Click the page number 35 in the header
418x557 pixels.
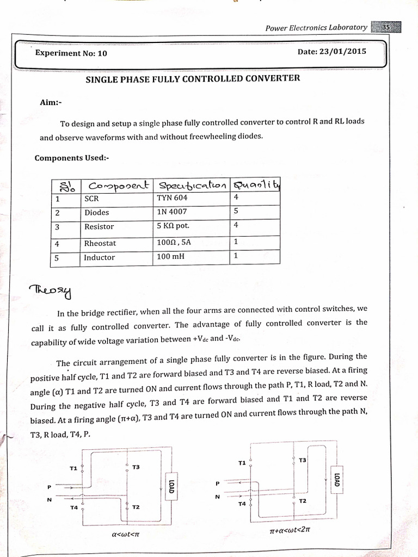386,27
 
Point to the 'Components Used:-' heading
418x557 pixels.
72,158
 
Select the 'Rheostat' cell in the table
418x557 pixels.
100,243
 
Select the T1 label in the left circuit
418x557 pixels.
73,468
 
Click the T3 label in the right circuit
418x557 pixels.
302,460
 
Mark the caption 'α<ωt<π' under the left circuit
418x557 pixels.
126,534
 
